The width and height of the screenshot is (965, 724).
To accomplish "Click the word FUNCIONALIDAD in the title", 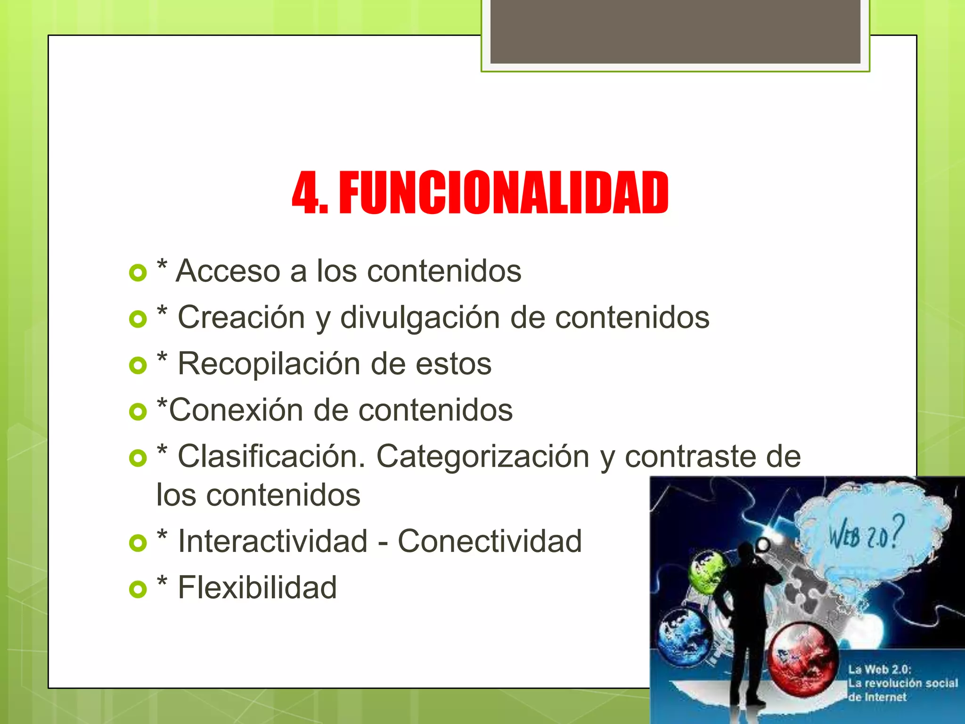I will coord(503,193).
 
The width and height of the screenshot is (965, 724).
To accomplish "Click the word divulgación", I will coord(420,317).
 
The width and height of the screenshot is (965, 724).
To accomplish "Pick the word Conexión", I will coord(236,410).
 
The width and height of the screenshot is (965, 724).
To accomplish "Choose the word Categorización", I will coord(482,457).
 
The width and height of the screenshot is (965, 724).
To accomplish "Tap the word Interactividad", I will coord(272,541).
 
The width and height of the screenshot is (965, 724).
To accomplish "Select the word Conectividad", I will coord(490,541).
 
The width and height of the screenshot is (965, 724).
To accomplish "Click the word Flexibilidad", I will coord(257,587).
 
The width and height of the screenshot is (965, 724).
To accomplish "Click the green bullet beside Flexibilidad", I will coord(138,589).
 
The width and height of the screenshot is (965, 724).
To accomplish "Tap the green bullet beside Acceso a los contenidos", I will coord(138,273).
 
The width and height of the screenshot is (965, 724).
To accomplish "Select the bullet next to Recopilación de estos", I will coord(138,365).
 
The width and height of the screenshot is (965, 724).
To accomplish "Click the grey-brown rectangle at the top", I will coord(675,31).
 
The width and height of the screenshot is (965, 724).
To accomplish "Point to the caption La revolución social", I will coord(903,683).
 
